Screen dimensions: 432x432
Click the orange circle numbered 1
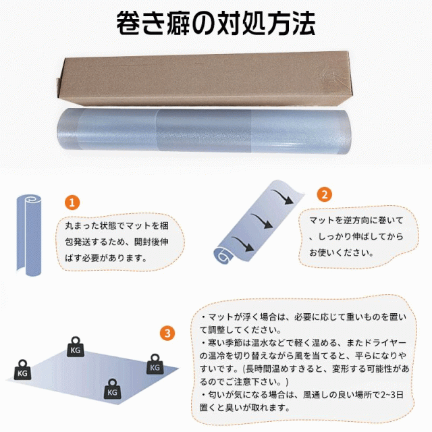click(72, 202)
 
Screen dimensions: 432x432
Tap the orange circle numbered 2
click(325, 194)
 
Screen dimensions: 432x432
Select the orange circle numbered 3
click(167, 333)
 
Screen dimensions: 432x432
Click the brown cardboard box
click(204, 78)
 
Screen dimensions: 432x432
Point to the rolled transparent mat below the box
click(204, 131)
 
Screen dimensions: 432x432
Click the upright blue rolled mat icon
click(29, 235)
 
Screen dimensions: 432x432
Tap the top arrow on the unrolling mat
click(282, 196)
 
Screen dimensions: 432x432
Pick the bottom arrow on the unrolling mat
click(242, 244)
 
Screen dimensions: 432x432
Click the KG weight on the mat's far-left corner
click(22, 370)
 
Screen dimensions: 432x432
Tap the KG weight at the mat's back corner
click(76, 347)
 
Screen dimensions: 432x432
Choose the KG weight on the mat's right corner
click(155, 364)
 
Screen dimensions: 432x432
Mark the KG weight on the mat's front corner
click(112, 389)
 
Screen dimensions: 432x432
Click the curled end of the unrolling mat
click(223, 256)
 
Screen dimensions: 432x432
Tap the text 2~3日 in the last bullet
click(392, 394)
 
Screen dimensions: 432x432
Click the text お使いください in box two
click(338, 252)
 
